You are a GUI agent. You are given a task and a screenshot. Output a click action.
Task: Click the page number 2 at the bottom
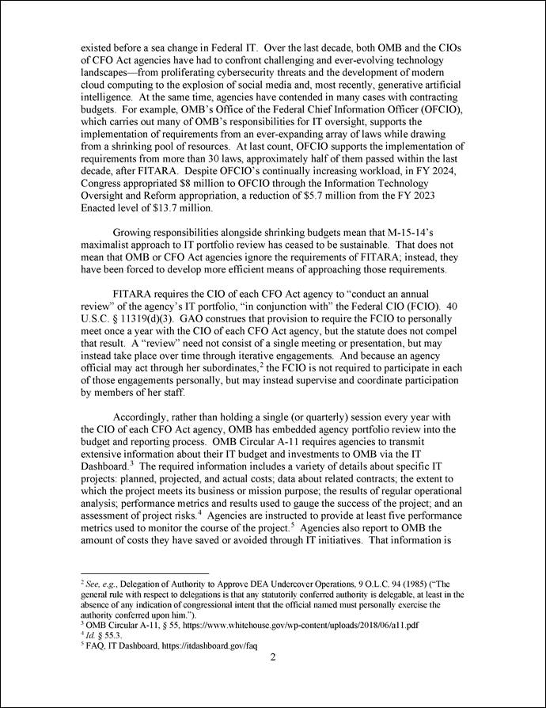coord(271,657)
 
